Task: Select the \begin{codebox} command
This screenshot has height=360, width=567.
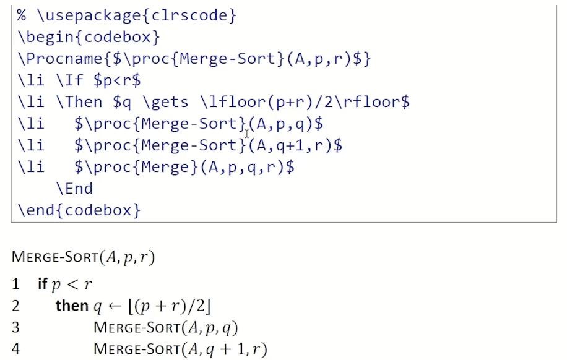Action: click(x=89, y=37)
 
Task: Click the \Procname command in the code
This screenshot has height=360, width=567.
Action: click(x=56, y=59)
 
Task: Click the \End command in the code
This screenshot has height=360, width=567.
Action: click(x=74, y=188)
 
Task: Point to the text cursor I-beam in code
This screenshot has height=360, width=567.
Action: click(x=247, y=133)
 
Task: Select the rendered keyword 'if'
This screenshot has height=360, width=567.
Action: click(x=42, y=285)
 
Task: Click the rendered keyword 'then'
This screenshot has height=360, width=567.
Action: click(x=72, y=306)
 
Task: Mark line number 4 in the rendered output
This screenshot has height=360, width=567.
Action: click(x=15, y=349)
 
